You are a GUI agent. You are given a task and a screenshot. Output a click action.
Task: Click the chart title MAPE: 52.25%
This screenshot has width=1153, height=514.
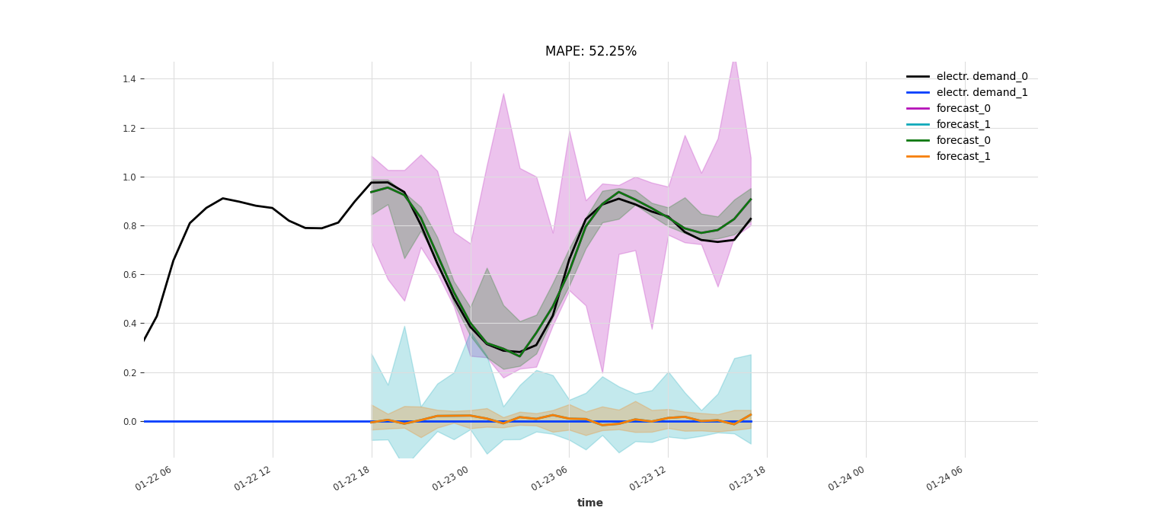tap(590, 52)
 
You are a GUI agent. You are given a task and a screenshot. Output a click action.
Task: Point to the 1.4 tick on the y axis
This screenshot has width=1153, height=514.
tap(129, 79)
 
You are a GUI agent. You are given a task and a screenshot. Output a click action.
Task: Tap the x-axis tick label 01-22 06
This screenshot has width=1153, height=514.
tap(154, 480)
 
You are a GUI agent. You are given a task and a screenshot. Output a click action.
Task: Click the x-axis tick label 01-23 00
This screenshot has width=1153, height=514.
tap(451, 480)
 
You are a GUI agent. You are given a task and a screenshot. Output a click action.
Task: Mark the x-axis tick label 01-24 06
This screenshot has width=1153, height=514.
tap(945, 480)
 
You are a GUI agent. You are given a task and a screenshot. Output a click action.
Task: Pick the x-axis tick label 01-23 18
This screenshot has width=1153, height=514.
tap(747, 480)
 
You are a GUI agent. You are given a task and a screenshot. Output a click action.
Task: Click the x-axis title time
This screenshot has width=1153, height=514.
tap(589, 503)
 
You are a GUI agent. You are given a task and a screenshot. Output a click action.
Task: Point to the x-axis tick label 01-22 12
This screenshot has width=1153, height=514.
tap(253, 480)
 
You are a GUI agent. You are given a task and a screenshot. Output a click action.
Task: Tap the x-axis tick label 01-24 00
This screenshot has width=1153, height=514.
tap(846, 480)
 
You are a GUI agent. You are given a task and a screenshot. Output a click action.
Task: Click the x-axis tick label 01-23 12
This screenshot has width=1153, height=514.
tap(648, 480)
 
